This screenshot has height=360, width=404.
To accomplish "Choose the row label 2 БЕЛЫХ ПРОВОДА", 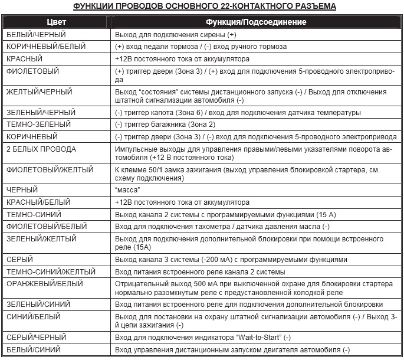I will click(x=41, y=149).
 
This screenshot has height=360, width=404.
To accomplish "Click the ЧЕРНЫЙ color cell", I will click(x=22, y=189).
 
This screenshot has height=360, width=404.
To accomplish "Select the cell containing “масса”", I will click(x=128, y=190).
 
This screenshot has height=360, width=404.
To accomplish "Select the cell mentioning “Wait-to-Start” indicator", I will click(x=203, y=338).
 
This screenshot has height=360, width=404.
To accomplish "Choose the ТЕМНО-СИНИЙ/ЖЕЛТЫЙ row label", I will click(x=51, y=272).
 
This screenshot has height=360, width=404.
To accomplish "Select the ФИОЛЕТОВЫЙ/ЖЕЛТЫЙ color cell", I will click(x=50, y=170).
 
